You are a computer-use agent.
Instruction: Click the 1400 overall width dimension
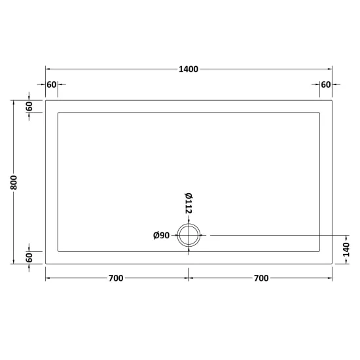point(189,69)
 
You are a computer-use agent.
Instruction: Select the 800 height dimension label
point(14,183)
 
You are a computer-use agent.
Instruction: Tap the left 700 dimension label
point(116,278)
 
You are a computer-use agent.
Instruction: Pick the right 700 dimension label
point(261,278)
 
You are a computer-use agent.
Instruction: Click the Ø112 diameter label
point(189,203)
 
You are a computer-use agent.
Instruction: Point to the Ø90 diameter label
point(162,236)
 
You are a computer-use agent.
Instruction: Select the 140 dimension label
point(346,249)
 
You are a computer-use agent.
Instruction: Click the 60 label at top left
point(52,84)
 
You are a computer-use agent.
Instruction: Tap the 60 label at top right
point(326,84)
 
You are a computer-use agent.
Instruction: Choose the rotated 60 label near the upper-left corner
point(29,106)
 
